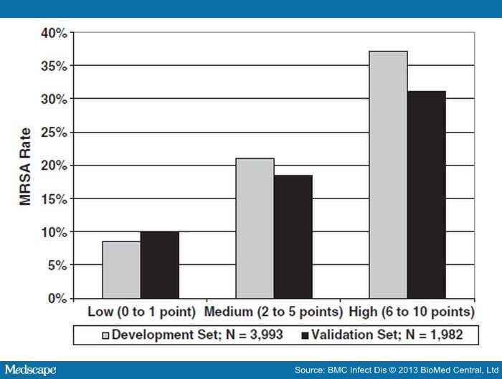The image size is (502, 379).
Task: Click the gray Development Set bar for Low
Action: pos(121,270)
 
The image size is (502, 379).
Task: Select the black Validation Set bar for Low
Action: pos(159,265)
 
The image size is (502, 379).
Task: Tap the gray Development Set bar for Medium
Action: pos(255,229)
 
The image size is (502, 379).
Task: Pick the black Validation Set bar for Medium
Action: pos(293,236)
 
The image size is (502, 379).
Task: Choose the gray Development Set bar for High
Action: pos(388,175)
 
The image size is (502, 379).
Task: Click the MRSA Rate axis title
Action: pos(26,165)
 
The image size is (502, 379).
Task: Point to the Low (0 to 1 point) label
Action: pos(143,312)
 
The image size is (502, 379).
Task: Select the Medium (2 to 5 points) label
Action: pos(273,312)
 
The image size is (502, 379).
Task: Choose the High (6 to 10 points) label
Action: pos(411,312)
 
